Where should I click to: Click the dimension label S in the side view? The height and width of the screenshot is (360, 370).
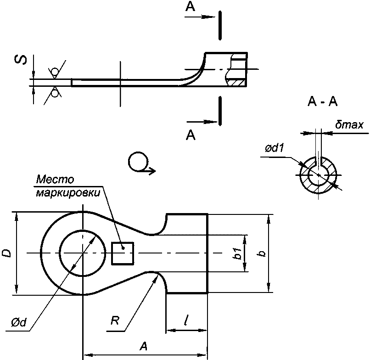(x=21, y=60)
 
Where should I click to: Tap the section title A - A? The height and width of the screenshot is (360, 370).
(x=323, y=102)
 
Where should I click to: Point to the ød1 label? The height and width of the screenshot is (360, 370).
(x=275, y=148)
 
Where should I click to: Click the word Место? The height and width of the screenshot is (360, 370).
(x=55, y=180)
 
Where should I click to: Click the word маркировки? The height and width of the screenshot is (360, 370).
(x=68, y=193)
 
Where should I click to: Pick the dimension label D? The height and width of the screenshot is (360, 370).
(x=6, y=253)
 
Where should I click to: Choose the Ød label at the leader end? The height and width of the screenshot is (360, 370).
(x=19, y=322)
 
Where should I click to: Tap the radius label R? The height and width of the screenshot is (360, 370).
(x=115, y=321)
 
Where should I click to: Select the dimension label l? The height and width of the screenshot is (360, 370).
(x=187, y=320)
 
